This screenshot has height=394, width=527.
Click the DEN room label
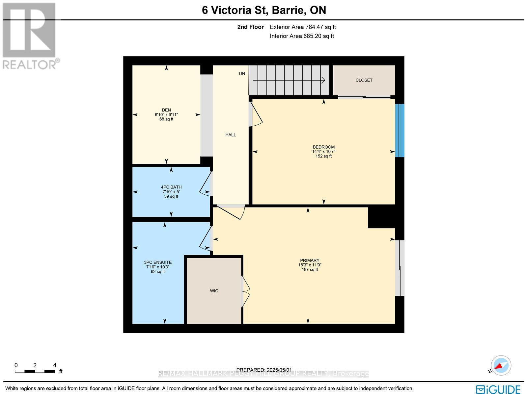point(166,110)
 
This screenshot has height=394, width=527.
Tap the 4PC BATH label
point(171,187)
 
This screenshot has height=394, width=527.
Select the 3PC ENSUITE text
point(158,262)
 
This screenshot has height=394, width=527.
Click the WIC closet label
point(214,291)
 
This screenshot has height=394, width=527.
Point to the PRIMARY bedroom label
point(310,260)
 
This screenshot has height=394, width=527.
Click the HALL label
point(231,135)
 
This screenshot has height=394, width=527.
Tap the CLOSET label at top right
point(364,80)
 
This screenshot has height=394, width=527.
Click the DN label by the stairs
point(242,74)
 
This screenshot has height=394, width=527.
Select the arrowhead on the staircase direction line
point(323,80)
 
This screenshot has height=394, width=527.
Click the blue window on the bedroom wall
point(400,131)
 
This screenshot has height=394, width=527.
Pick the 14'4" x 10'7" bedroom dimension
point(323,152)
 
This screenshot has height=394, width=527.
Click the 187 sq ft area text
point(310,270)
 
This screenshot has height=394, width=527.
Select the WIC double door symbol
point(246,291)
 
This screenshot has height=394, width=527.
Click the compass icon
point(501,366)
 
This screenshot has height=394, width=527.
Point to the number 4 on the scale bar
point(55,365)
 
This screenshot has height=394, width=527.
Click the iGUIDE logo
point(498,389)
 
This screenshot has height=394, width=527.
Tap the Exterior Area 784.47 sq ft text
point(303,27)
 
